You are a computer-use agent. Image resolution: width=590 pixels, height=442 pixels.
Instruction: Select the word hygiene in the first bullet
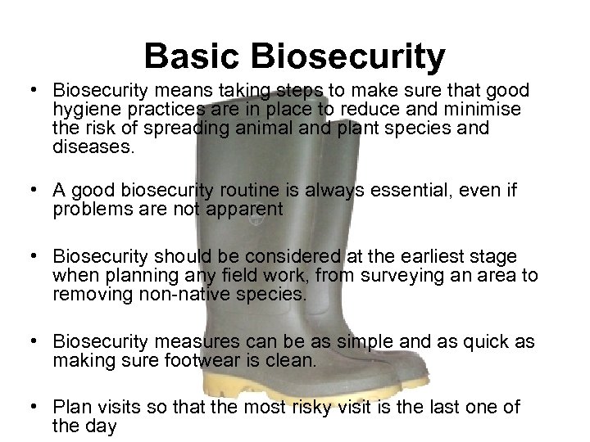coord(81,109)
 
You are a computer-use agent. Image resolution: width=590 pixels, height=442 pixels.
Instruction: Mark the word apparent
coord(243,210)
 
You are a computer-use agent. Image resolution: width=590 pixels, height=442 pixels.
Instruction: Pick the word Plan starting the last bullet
coord(71,406)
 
